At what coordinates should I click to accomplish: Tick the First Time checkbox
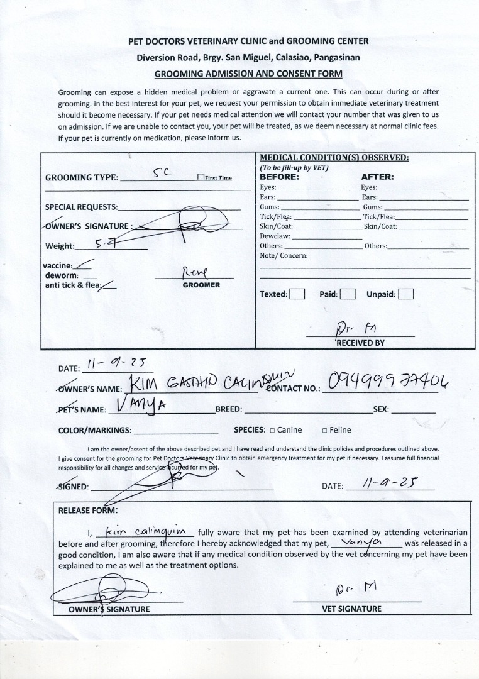coord(201,177)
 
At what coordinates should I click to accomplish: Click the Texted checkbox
coord(297,294)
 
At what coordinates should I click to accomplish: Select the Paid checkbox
coord(348,294)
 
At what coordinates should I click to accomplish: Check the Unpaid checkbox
coord(406,294)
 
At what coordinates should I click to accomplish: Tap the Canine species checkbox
coord(272,431)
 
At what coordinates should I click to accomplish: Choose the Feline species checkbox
coord(324,431)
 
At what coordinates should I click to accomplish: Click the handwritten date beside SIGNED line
coord(392,483)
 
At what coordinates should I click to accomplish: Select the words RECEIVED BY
coord(360,343)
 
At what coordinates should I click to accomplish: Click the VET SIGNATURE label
coord(351,609)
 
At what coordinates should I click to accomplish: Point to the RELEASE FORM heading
coord(87,511)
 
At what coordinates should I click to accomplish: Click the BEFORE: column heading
coord(280,177)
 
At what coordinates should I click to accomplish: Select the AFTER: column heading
coord(377,177)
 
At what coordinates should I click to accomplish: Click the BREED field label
coord(228,409)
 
